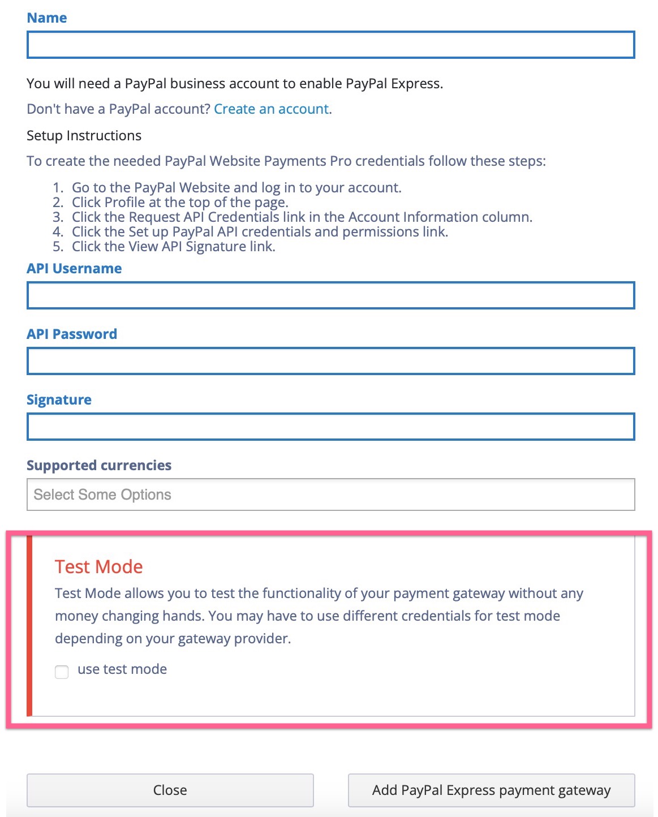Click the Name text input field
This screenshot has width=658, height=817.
(330, 45)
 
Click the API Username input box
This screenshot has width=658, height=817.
(330, 295)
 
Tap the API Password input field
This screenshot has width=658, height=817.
(330, 361)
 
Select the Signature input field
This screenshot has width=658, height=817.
(330, 427)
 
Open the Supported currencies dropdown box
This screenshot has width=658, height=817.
(330, 494)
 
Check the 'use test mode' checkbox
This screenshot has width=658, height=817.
(62, 672)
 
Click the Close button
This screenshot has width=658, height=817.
(170, 790)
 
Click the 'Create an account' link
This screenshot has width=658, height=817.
(272, 109)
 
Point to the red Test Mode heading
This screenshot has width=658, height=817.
(98, 566)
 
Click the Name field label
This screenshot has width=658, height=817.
(47, 18)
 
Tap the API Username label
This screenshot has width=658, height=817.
(74, 268)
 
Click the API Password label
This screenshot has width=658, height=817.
(72, 334)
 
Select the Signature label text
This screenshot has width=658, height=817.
(59, 399)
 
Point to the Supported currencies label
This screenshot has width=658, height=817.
(99, 465)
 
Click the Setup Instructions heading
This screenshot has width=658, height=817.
(84, 136)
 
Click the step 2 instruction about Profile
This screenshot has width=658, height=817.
(180, 203)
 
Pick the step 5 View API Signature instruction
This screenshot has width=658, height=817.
(173, 247)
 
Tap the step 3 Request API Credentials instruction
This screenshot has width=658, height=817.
(302, 217)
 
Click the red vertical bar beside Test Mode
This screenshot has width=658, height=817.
(29, 625)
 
